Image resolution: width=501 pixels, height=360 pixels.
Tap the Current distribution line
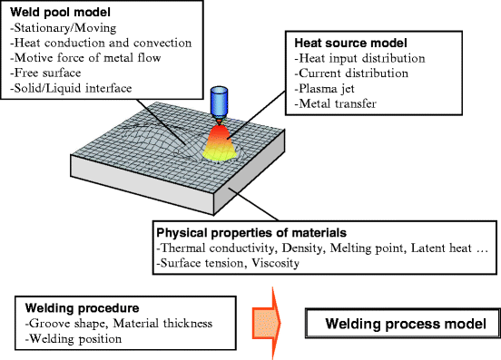354,73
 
